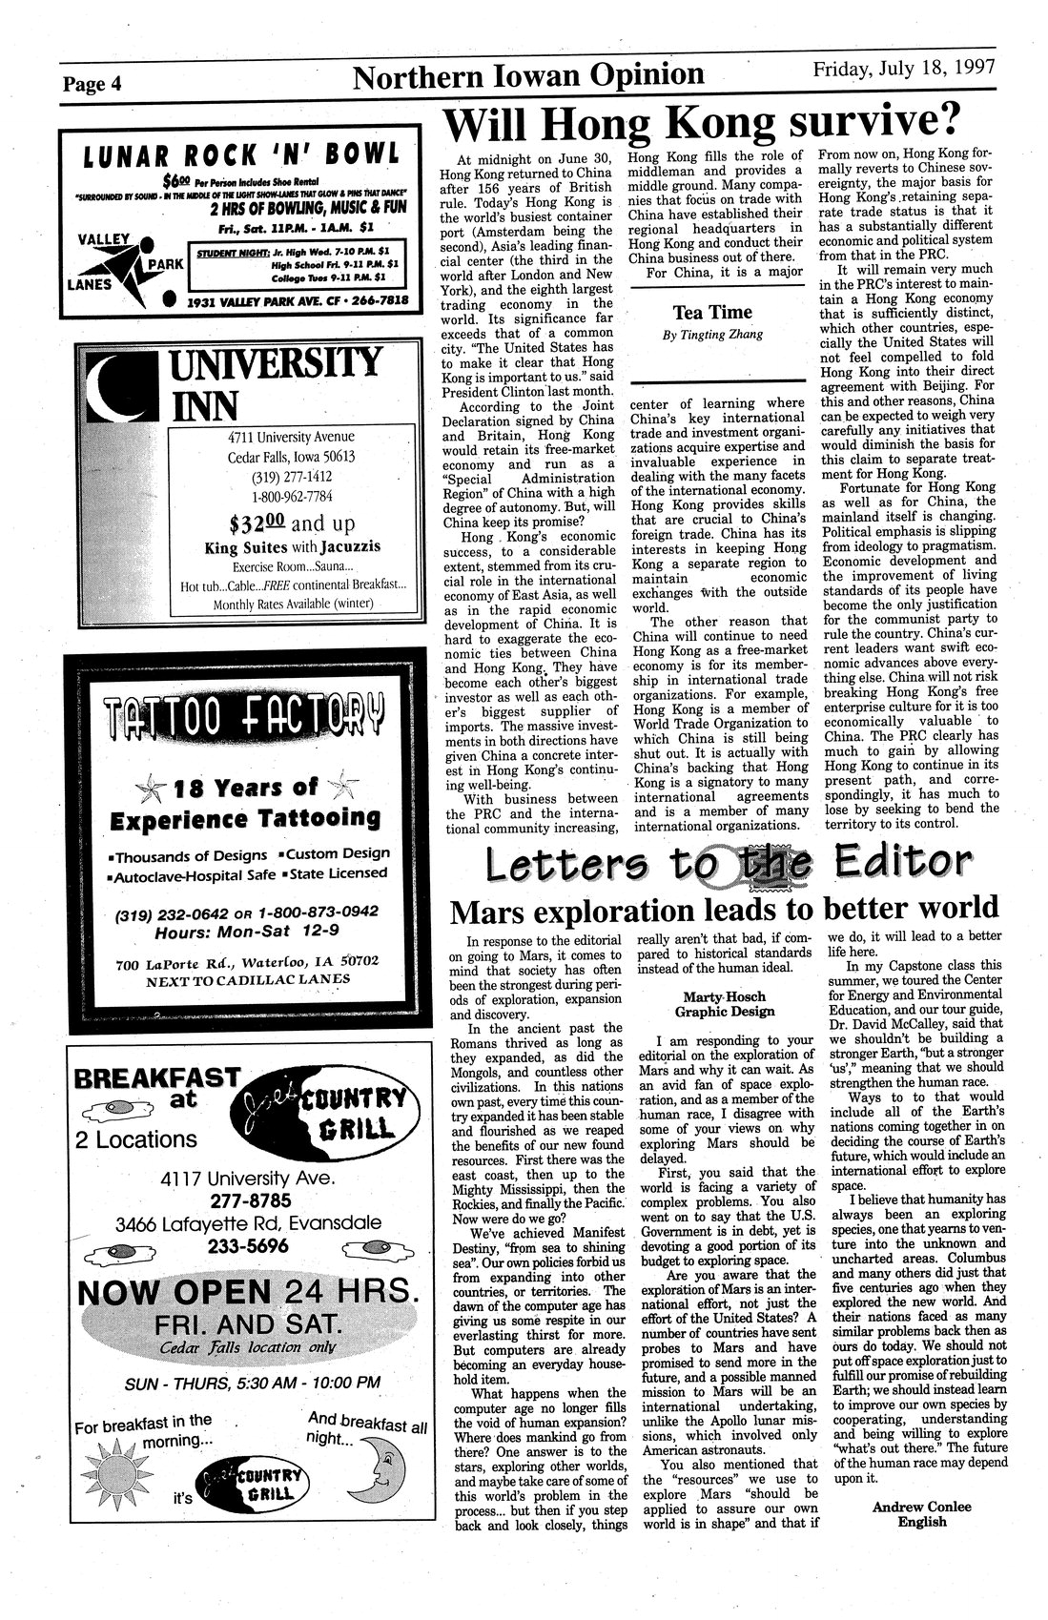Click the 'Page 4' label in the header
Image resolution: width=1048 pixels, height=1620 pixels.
point(92,82)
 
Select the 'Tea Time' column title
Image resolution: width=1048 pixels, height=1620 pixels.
point(711,312)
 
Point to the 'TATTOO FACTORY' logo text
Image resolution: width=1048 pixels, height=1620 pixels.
point(244,711)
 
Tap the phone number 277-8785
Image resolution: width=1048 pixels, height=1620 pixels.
point(245,1200)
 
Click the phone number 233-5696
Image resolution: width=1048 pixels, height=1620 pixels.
point(246,1246)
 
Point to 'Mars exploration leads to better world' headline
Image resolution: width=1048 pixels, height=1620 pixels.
point(723,907)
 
